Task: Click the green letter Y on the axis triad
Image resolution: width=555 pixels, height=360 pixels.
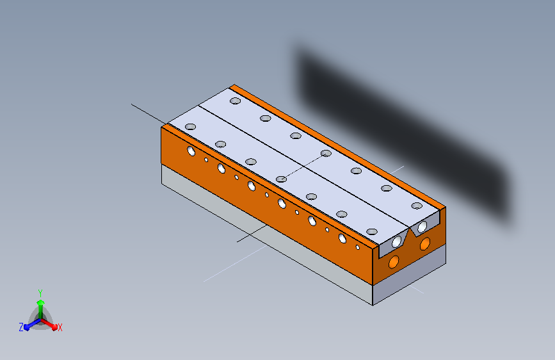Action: (x=40, y=293)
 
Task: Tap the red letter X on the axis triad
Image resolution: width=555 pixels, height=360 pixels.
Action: (x=60, y=328)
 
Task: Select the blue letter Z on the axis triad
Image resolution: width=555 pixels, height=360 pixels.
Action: (x=21, y=327)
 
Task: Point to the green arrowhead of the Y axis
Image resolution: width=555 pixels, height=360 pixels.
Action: (x=40, y=302)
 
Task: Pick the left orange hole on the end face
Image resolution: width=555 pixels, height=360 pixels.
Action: (x=394, y=262)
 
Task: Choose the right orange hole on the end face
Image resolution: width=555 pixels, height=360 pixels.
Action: (x=425, y=244)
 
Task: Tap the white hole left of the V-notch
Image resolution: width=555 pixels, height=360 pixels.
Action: (x=396, y=241)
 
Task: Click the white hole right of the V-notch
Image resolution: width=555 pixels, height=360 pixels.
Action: (x=422, y=226)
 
